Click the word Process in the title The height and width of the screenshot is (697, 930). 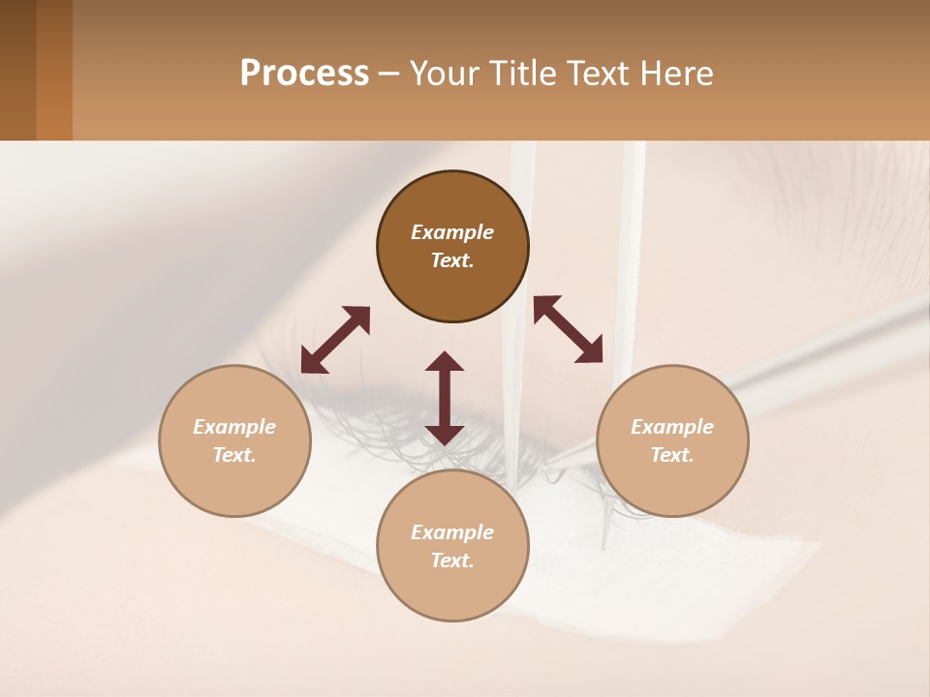point(304,74)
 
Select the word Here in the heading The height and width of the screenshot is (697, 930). point(675,74)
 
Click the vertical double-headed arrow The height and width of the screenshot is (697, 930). point(445,398)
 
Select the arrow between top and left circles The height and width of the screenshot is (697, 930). point(335,340)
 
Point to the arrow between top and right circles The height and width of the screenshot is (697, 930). point(569,329)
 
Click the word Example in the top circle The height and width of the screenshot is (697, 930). point(452,232)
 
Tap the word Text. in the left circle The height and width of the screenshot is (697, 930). point(234,455)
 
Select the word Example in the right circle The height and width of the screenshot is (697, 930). point(672,427)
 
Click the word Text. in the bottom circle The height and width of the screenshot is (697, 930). point(452,561)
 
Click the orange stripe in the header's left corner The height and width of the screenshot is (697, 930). point(54,70)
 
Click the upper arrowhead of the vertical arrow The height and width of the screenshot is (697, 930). point(445,362)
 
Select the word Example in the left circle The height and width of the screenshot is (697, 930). point(234,427)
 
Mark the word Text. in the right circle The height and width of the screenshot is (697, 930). point(672,455)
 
